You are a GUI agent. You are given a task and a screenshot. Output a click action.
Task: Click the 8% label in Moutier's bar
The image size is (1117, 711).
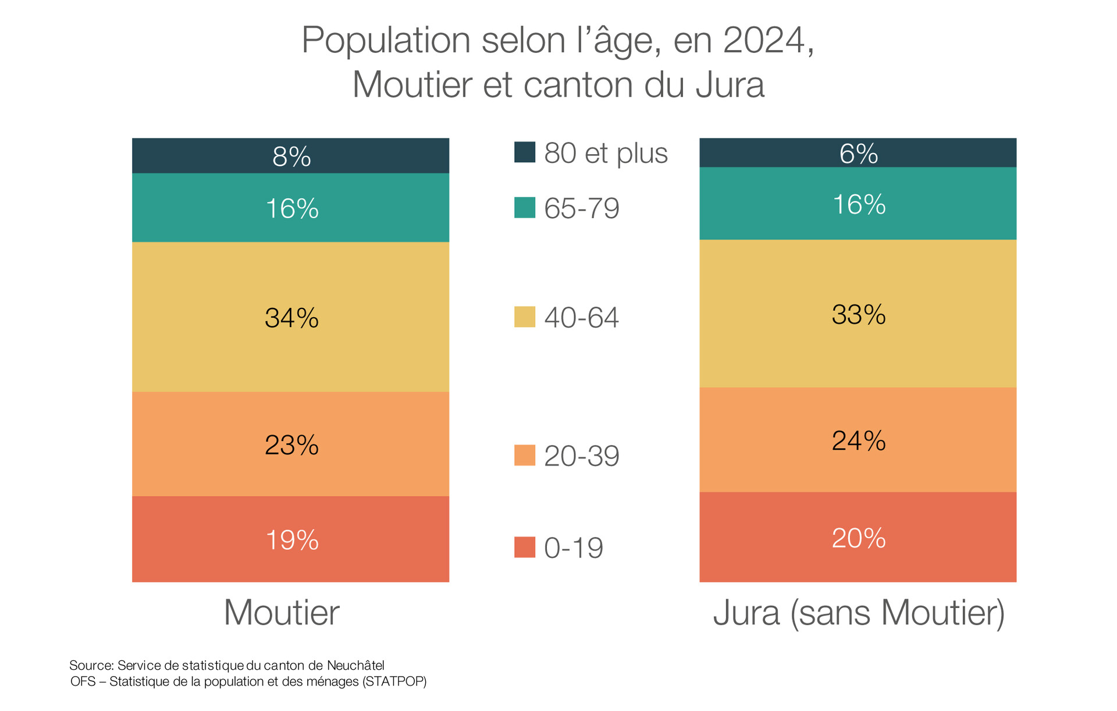pos(291,157)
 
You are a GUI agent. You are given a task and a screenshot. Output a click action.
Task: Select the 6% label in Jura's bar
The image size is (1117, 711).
pos(858,154)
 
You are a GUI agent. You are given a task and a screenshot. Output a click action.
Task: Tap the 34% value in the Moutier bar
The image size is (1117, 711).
pos(291,318)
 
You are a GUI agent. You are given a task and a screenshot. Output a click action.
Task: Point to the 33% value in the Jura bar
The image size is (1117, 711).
pos(858,315)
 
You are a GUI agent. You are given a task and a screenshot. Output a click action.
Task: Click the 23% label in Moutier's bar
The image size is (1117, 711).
pos(291,445)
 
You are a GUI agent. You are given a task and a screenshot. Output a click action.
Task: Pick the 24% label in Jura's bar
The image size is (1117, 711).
pos(858,441)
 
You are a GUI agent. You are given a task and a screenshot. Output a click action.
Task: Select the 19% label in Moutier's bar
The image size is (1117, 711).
pos(291,540)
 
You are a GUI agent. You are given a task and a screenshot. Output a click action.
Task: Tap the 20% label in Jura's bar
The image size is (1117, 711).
pos(858,538)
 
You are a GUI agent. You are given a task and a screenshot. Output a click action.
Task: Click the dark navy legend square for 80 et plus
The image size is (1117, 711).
pos(524,152)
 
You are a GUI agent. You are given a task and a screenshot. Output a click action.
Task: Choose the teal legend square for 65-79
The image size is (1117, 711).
pos(524,208)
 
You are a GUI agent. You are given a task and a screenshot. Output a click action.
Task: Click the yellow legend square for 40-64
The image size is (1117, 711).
pos(524,317)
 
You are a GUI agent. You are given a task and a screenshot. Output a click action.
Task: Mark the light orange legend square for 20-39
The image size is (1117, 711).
pos(524,456)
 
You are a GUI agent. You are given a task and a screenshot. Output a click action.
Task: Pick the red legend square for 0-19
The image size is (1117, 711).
pos(524,548)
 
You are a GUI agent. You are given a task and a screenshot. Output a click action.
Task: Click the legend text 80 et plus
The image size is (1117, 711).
pos(606,153)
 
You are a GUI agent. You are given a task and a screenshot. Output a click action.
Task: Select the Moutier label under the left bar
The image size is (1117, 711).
pos(282,613)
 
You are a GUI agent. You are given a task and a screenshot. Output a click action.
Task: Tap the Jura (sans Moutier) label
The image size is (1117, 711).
pos(859,613)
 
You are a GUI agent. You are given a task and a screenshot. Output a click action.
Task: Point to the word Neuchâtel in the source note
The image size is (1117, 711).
pos(355,666)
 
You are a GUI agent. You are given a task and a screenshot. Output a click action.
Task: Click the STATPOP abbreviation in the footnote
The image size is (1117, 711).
pos(394,682)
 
